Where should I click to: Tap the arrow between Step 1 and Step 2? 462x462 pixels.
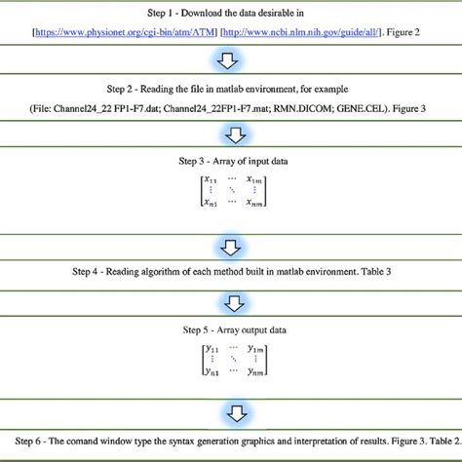click(230, 61)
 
